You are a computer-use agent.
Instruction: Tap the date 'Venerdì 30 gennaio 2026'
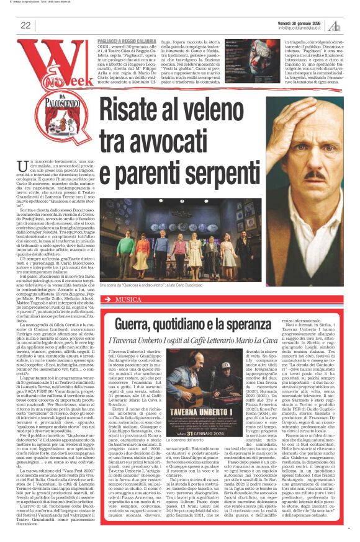[x=302, y=21]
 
